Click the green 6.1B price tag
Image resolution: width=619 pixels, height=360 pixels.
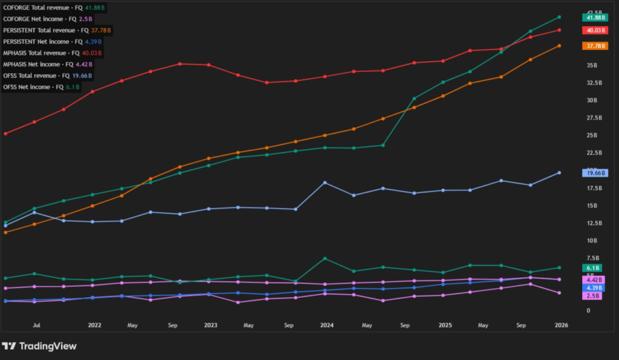click(592, 268)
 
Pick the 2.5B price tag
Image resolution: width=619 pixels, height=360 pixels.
click(592, 296)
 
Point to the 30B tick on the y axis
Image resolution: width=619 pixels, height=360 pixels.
click(592, 100)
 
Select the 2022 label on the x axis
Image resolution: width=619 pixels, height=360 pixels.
click(94, 325)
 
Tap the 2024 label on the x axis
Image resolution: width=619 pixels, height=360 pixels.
click(327, 325)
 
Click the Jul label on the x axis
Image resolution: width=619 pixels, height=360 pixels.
click(36, 325)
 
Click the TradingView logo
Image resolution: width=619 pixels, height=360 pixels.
click(39, 346)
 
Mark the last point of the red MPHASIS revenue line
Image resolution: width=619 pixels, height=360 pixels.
click(559, 30)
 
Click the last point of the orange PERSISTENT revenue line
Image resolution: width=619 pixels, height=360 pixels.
click(559, 46)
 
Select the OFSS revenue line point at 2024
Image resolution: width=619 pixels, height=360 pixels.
click(326, 182)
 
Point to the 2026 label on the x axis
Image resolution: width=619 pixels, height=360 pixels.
click(560, 325)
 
